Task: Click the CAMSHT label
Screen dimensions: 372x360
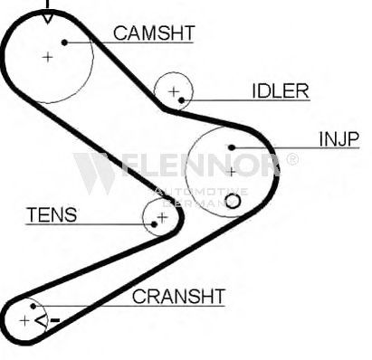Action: tap(154, 33)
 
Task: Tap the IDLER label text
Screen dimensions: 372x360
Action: tap(281, 90)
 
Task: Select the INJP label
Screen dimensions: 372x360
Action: tap(339, 139)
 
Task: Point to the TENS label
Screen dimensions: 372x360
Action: tap(52, 214)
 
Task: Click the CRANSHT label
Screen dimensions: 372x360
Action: tap(178, 297)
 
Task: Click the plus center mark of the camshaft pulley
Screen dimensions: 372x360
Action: tap(47, 57)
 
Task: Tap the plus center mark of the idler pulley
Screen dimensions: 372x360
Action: tap(174, 91)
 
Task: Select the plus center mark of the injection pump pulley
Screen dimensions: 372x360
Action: tap(232, 172)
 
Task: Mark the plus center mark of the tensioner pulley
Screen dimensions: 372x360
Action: tap(162, 217)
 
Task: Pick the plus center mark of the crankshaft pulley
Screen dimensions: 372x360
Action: tap(24, 321)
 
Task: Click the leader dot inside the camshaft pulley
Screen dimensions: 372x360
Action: tap(64, 43)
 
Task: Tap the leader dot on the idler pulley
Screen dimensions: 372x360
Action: tap(181, 100)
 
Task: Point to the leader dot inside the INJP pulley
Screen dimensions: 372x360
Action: tap(232, 147)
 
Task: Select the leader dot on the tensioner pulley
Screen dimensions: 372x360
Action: tap(154, 224)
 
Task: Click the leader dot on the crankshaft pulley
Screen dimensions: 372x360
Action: tap(33, 307)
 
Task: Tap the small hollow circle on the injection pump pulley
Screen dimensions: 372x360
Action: tap(233, 201)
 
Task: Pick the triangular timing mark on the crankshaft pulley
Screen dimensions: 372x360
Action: tap(42, 321)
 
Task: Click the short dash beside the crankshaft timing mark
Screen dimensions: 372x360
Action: tap(55, 320)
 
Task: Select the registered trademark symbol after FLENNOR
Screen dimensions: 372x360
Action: tap(292, 159)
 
